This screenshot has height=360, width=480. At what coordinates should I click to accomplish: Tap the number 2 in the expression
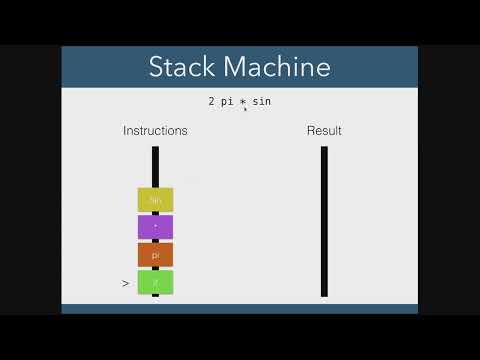pos(211,101)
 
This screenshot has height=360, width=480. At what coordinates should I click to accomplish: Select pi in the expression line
pos(227,101)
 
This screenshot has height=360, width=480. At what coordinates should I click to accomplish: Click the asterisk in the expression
pos(244,103)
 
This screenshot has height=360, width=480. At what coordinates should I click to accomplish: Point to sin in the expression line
pos(262,101)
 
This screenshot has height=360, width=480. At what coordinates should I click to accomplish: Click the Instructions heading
pos(155,131)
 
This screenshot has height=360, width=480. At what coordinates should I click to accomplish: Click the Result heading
pos(324,131)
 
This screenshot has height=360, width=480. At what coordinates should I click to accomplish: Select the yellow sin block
pos(155,200)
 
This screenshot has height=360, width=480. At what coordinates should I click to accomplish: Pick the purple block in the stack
pos(155,227)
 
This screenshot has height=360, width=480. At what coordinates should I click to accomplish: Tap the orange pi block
pos(155,255)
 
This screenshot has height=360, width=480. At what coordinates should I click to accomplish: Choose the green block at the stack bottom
pos(155,283)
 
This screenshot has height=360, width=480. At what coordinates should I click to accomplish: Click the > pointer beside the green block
pos(126,284)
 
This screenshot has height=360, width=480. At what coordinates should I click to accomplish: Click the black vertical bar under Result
pos(324,221)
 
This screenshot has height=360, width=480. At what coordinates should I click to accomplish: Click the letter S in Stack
pos(155,68)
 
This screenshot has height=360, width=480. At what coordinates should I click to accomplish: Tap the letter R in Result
pos(311,131)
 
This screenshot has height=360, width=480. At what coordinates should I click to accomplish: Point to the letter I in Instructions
pos(125,131)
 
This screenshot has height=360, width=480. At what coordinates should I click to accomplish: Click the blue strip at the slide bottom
pos(240,308)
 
